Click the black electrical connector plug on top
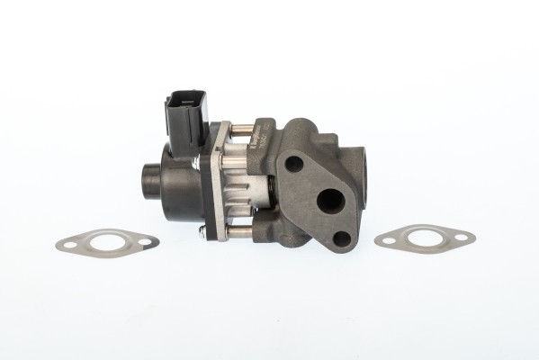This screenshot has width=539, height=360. click(x=185, y=117)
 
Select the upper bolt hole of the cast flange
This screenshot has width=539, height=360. click(x=293, y=165)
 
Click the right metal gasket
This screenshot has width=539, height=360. click(x=424, y=238)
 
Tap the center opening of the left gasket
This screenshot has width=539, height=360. click(x=107, y=241)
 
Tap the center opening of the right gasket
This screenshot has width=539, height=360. click(x=424, y=238)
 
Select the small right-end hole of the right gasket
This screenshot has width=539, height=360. click(x=461, y=238)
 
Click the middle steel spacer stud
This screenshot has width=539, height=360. click(x=236, y=165)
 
